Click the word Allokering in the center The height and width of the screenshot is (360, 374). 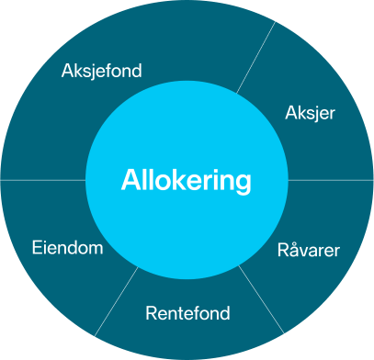[x=186, y=180]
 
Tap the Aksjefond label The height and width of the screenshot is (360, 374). [x=101, y=71]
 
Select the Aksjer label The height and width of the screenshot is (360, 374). [x=310, y=114]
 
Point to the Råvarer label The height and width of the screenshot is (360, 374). [x=309, y=250]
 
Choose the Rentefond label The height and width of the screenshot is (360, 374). [x=187, y=314]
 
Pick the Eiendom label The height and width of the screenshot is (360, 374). [x=67, y=248]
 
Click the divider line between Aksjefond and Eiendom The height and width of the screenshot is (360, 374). [x=41, y=180]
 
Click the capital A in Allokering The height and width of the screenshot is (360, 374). [x=130, y=180]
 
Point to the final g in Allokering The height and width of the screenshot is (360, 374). [x=243, y=183]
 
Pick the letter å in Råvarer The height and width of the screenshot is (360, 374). [x=293, y=249]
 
